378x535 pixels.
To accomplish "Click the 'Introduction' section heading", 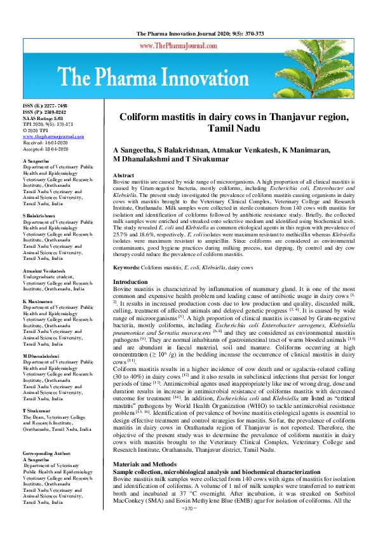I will (130, 281).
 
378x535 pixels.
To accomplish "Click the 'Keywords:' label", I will (127, 268).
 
